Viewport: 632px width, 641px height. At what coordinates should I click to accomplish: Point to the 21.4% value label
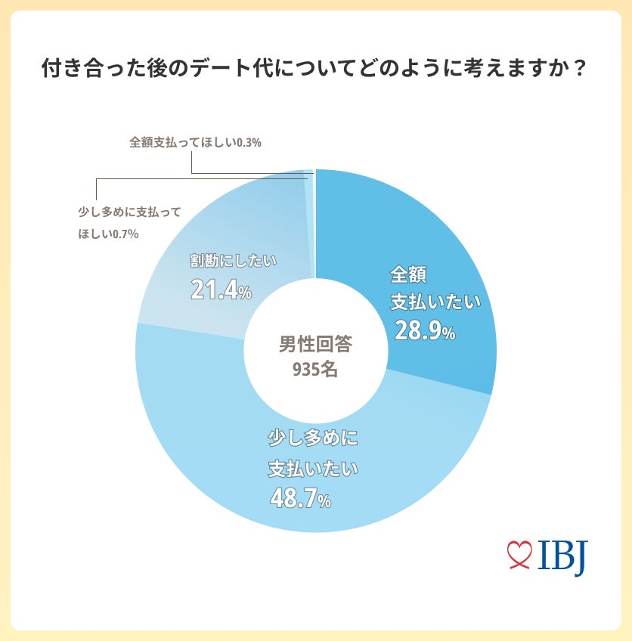[221, 290]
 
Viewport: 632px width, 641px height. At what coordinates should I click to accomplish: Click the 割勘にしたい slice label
[234, 262]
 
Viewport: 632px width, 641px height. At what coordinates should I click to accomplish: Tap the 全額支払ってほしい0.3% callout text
[195, 142]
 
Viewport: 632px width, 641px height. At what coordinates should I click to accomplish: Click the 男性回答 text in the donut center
[315, 345]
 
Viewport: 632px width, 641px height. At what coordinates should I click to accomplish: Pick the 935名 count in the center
[315, 370]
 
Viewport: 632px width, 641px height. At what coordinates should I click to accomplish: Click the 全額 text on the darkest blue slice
[414, 272]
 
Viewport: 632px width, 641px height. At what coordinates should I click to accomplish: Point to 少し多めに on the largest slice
[312, 438]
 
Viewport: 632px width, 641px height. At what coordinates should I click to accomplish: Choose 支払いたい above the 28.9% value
[435, 302]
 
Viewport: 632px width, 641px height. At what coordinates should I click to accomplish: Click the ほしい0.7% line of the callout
[108, 234]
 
